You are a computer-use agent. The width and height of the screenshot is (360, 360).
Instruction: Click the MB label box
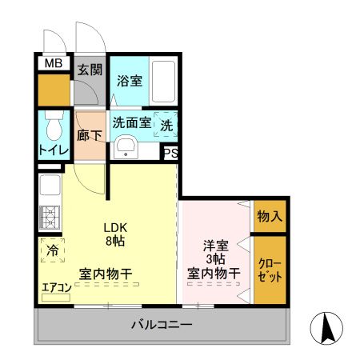pos(54,64)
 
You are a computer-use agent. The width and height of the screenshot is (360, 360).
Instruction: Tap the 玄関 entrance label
pos(89,69)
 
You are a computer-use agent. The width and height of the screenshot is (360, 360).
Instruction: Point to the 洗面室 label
pos(131,123)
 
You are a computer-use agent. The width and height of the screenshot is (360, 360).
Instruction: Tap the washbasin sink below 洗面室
pos(126,148)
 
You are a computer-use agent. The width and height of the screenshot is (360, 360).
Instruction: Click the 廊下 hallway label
pos(89,136)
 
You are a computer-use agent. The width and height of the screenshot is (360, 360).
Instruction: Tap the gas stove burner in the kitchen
pos(48,217)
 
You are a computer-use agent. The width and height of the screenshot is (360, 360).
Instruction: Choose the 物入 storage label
pos(269,215)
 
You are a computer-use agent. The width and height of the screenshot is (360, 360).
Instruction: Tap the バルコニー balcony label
pos(161,326)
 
